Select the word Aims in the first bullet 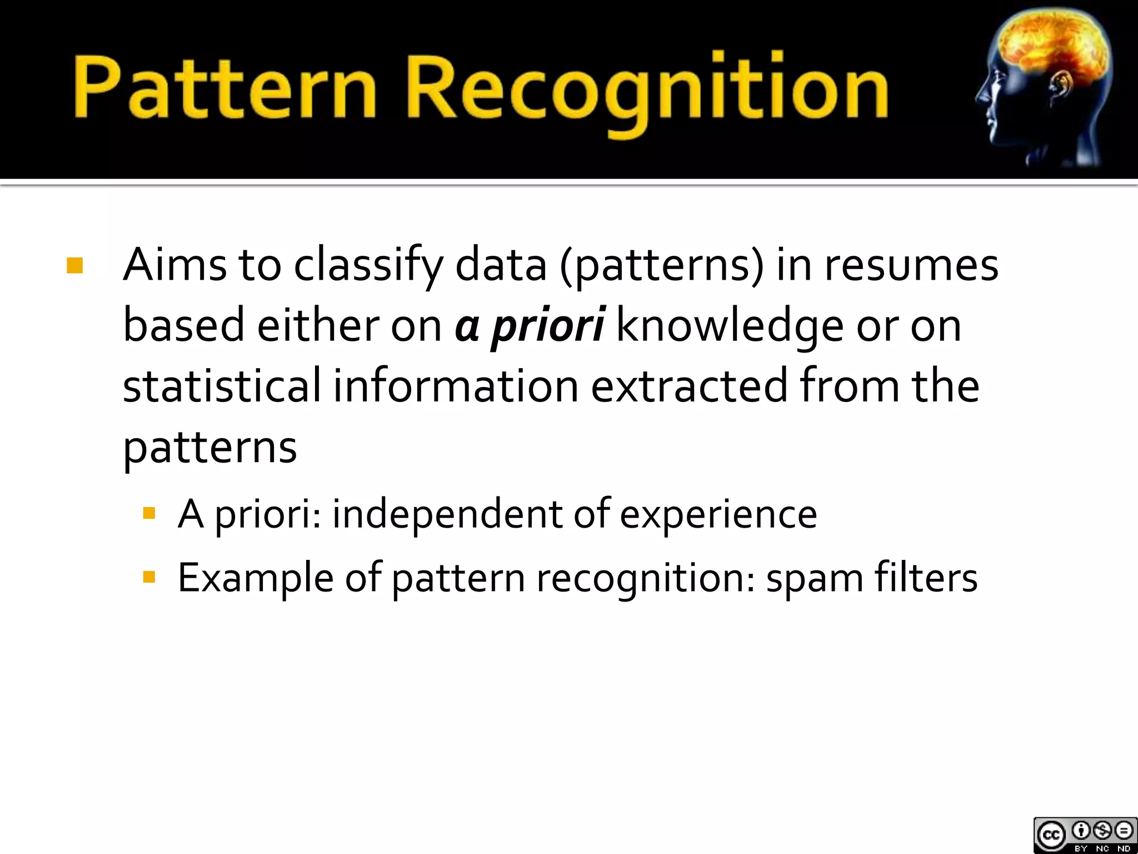pos(174,265)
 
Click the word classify pos(368,266)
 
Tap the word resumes pos(911,266)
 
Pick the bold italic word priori pos(548,326)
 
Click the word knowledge pos(730,326)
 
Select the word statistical pos(222,385)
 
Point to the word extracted pos(689,385)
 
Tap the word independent pos(447,514)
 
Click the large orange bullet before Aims pos(74,266)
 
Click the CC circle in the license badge pos(1051,835)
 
